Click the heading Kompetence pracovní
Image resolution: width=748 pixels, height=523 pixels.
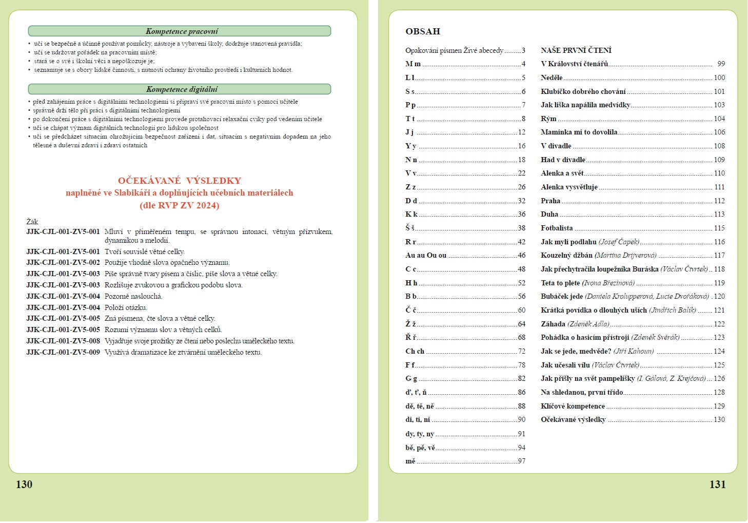[x=182, y=31]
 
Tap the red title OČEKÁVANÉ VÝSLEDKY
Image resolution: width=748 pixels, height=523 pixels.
[x=180, y=181]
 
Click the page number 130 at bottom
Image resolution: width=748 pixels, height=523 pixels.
[x=24, y=485]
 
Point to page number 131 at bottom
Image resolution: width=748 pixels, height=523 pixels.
[x=717, y=485]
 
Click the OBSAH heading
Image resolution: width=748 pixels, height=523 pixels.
[x=423, y=31]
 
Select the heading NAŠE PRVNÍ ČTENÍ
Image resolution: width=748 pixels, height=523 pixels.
[x=576, y=50]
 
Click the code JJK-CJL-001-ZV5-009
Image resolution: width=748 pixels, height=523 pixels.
[x=63, y=353]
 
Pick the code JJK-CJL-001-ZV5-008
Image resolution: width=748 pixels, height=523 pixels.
[x=63, y=341]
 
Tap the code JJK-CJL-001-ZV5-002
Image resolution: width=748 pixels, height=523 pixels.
[x=63, y=263]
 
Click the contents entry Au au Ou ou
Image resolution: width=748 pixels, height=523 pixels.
[x=426, y=255]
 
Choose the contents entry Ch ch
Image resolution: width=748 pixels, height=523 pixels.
[x=415, y=352]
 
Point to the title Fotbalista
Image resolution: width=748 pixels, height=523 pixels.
[x=557, y=228]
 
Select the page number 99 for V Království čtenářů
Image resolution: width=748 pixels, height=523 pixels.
[x=721, y=64]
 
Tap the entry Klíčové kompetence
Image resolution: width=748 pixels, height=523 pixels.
[x=573, y=406]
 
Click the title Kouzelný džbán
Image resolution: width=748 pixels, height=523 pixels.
[x=566, y=255]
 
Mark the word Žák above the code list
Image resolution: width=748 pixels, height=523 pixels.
[x=32, y=222]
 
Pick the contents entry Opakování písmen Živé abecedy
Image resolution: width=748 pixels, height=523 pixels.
[x=454, y=50]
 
